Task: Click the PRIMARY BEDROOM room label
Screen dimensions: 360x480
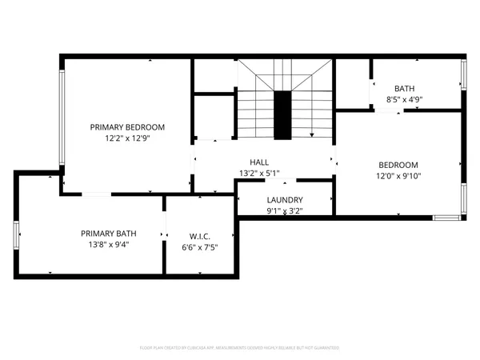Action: click(x=127, y=127)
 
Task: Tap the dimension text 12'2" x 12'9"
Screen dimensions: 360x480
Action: click(x=127, y=138)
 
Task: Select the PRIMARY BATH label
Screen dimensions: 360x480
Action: click(x=108, y=234)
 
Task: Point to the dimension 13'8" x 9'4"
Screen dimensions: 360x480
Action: click(x=108, y=245)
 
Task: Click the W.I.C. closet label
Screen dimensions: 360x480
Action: click(x=200, y=236)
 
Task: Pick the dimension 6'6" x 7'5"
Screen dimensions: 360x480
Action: click(x=200, y=247)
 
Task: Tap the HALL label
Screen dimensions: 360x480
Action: click(x=258, y=162)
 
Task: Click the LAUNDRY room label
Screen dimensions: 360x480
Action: click(x=284, y=200)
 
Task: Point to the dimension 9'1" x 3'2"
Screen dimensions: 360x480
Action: click(x=284, y=211)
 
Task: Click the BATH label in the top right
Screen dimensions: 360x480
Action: click(x=405, y=89)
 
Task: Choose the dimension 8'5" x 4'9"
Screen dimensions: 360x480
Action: click(x=405, y=100)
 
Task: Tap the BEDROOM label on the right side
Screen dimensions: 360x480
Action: click(x=398, y=165)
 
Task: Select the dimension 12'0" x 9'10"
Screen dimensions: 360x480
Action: click(x=398, y=176)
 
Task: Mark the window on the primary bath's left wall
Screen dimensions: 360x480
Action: click(x=16, y=236)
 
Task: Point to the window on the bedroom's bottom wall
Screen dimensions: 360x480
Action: click(x=446, y=217)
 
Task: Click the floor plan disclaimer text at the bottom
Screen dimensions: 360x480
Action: click(x=240, y=348)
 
